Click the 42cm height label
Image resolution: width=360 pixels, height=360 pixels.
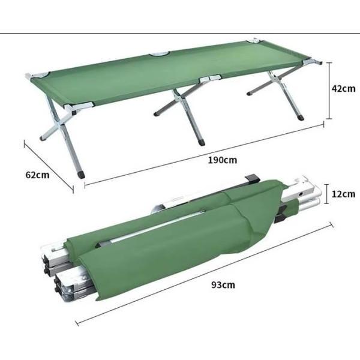(x=343, y=89)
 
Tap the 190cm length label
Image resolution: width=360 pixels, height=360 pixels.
(x=222, y=160)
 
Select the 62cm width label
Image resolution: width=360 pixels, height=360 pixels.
(x=37, y=175)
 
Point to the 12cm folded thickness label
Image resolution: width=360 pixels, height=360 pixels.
(x=343, y=194)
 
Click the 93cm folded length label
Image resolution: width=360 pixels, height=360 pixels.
(x=223, y=285)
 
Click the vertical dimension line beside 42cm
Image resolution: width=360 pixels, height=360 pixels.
(x=329, y=91)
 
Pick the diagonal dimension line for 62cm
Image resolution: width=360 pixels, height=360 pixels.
(x=49, y=166)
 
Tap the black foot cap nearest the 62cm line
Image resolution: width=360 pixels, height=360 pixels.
(x=81, y=175)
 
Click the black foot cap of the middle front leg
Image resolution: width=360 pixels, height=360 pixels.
(x=202, y=142)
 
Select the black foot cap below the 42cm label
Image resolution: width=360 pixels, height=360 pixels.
(x=301, y=118)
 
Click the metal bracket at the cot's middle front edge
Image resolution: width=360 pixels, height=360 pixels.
(x=210, y=78)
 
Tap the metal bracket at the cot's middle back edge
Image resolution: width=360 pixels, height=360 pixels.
(x=159, y=54)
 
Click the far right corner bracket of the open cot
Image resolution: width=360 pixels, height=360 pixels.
(x=312, y=62)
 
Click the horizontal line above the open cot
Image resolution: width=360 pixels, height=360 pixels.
(x=180, y=33)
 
